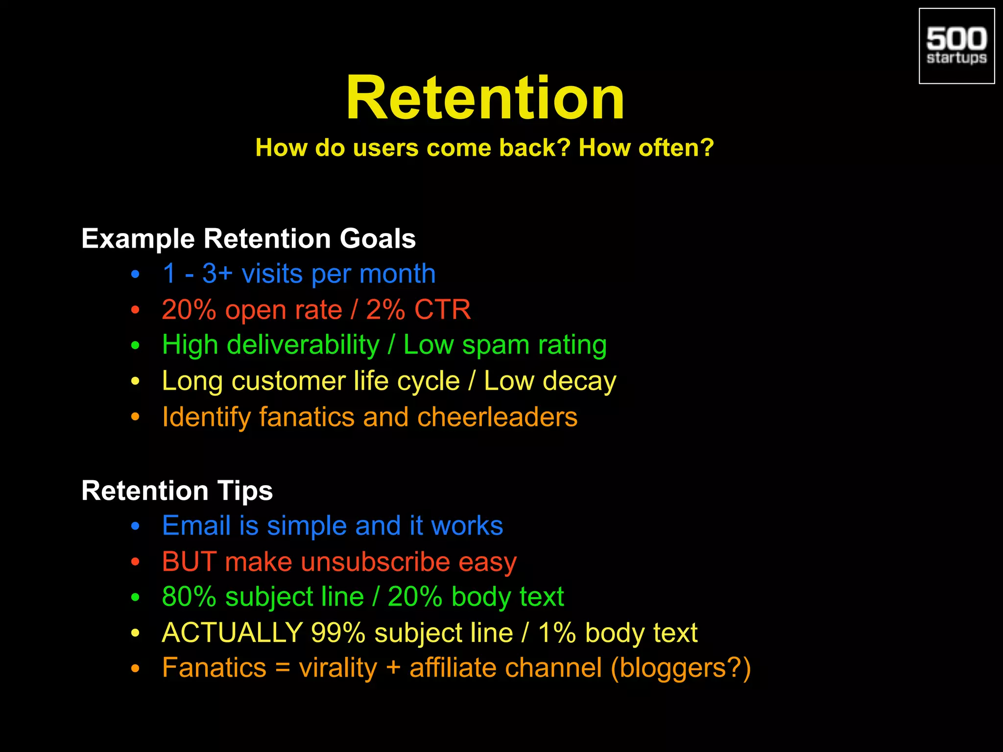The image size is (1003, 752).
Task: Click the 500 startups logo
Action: [956, 46]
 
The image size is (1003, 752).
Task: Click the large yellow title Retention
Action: [485, 98]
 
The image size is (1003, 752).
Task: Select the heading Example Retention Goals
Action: [248, 238]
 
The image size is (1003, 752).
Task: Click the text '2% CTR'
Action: [418, 309]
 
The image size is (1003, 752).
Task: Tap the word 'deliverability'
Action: [303, 345]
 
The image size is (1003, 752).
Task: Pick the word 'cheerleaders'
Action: [497, 417]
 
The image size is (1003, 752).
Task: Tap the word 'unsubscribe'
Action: [375, 562]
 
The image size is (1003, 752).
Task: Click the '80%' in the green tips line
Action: [189, 597]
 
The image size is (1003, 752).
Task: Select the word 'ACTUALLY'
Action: [232, 633]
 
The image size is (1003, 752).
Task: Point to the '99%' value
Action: [338, 633]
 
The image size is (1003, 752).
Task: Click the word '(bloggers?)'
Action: [680, 668]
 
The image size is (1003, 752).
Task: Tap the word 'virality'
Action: [338, 668]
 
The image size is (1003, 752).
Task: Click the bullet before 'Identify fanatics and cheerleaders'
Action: [136, 417]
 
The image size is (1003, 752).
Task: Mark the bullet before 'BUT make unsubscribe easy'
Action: [136, 562]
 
